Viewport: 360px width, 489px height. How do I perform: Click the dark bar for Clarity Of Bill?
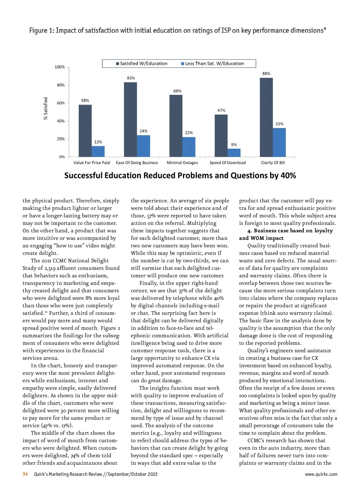pos(266,117)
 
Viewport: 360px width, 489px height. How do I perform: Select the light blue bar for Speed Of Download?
pos(234,153)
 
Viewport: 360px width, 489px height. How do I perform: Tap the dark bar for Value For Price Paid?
pos(85,131)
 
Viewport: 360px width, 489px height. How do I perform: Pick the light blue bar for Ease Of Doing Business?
pos(143,146)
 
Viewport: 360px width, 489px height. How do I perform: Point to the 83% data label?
pos(131,78)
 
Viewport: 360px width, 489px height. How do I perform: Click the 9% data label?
pos(234,145)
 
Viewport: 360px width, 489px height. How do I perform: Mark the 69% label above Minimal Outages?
pos(177,91)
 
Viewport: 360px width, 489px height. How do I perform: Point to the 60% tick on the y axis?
pos(61,103)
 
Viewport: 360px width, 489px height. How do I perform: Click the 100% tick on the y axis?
pos(60,67)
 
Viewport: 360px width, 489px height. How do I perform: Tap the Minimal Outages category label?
pos(182,163)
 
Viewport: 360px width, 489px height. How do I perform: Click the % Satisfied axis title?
pos(46,108)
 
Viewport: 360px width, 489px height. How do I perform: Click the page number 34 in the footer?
pos(25,474)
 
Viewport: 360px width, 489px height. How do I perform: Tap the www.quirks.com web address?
pos(321,474)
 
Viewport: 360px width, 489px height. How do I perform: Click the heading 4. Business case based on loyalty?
pos(290,231)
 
